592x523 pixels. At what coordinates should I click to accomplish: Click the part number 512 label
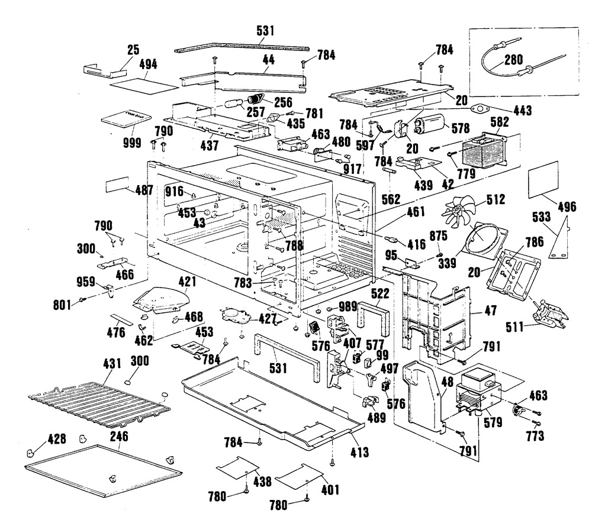click(493, 199)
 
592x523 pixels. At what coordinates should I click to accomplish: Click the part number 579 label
click(493, 423)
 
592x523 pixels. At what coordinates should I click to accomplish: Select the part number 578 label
click(460, 127)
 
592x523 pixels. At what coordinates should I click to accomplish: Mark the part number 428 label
click(56, 438)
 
